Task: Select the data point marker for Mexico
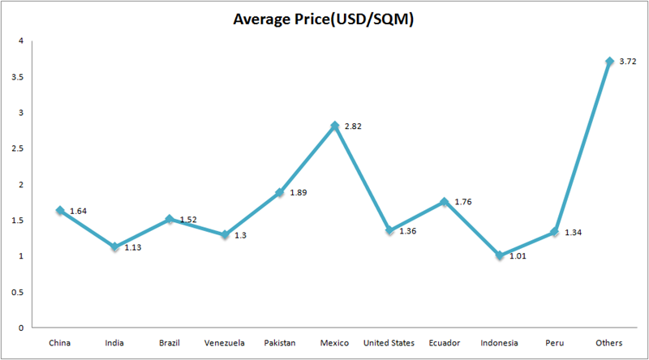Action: pyautogui.click(x=334, y=126)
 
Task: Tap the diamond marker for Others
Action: pyautogui.click(x=608, y=62)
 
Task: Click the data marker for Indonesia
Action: pyautogui.click(x=499, y=255)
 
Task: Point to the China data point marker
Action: pyautogui.click(x=59, y=210)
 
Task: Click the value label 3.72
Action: pyautogui.click(x=627, y=62)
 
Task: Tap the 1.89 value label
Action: pyautogui.click(x=299, y=193)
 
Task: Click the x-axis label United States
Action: pyautogui.click(x=389, y=343)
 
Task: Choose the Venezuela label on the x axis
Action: pyautogui.click(x=224, y=343)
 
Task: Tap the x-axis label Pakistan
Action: pyautogui.click(x=279, y=343)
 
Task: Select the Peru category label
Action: pyautogui.click(x=554, y=343)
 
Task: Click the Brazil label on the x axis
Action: pyautogui.click(x=169, y=343)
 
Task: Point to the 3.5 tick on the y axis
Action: pyautogui.click(x=16, y=77)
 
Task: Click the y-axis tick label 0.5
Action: pyautogui.click(x=16, y=292)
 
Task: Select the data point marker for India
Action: pyautogui.click(x=114, y=246)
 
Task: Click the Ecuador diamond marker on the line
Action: pyautogui.click(x=444, y=202)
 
